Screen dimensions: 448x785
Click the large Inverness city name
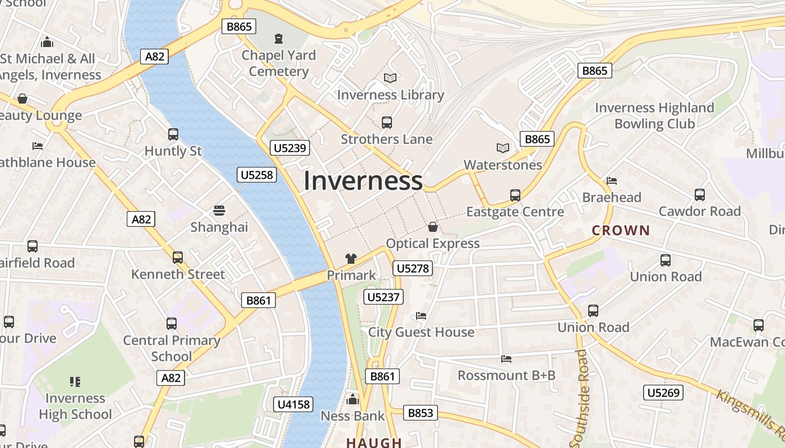(x=363, y=181)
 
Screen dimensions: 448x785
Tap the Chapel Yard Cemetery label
(x=279, y=63)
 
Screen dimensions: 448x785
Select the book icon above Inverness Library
(x=390, y=78)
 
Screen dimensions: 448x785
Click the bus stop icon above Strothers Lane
(x=386, y=122)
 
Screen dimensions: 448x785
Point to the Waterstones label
(x=502, y=165)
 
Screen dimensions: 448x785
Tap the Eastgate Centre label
(x=515, y=212)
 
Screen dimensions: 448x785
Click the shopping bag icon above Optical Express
(x=432, y=227)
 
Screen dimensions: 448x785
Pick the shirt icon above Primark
(x=351, y=259)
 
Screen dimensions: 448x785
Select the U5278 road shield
(x=412, y=269)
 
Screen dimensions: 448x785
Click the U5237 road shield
(x=384, y=297)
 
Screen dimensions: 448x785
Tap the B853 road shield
(x=420, y=413)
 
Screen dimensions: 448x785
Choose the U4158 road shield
(x=294, y=404)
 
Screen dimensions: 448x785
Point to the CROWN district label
(x=621, y=230)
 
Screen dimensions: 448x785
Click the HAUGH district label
(x=373, y=442)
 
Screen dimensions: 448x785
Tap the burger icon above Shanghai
(x=219, y=211)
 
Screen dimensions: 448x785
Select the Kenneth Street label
(x=178, y=274)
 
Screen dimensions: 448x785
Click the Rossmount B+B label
(x=506, y=375)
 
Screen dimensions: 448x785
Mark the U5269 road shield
(x=663, y=393)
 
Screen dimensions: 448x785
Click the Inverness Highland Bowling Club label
(x=654, y=115)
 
